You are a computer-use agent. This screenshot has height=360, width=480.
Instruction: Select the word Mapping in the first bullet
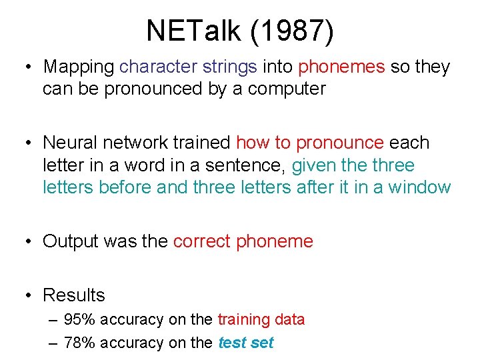tap(79, 67)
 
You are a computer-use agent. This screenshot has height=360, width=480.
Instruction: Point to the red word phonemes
tap(341, 67)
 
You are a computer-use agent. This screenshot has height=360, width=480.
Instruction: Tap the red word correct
tap(202, 241)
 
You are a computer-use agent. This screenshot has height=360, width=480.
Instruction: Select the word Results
tap(74, 295)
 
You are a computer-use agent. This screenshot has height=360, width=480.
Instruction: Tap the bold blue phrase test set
tap(246, 343)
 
